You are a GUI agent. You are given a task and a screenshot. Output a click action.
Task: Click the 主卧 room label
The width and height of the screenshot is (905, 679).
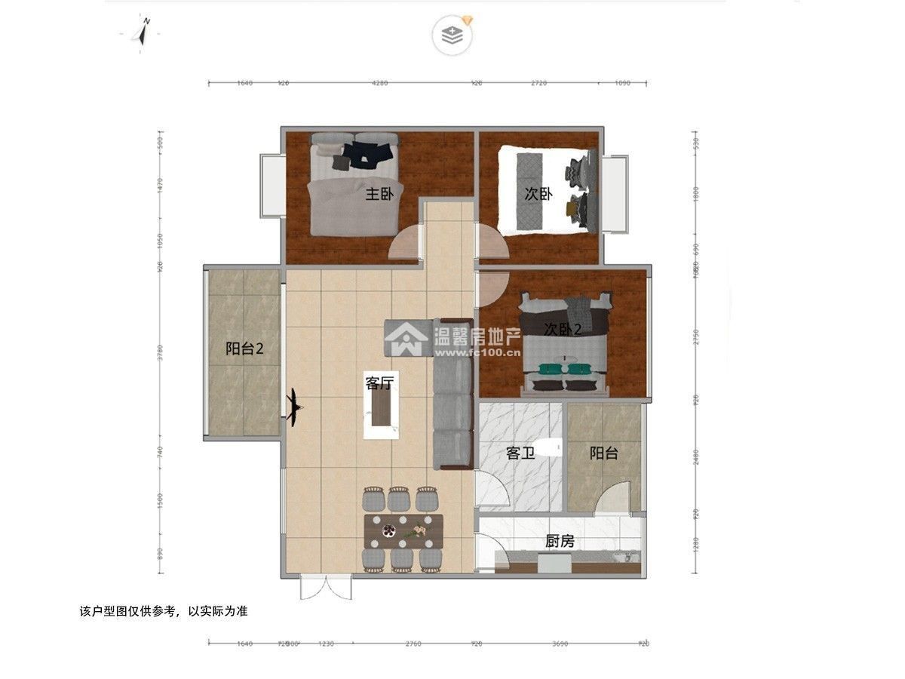point(379,194)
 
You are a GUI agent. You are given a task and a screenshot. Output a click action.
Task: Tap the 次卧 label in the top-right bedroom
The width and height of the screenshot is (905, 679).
point(538,194)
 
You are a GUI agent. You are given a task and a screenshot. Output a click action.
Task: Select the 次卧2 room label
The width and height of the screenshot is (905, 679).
point(563,329)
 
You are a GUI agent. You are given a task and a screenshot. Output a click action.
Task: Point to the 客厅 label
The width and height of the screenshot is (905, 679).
point(380,383)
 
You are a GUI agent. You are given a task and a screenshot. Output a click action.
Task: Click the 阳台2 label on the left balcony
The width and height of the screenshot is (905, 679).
point(244,349)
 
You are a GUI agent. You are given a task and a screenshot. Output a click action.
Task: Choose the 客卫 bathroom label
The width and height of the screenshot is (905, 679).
point(520,453)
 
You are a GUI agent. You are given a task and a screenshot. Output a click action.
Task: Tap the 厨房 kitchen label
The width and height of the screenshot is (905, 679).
point(560,541)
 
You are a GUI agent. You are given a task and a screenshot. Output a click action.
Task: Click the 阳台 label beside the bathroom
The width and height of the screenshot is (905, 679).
point(604,453)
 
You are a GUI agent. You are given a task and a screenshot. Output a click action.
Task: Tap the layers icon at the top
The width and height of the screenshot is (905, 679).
point(451,35)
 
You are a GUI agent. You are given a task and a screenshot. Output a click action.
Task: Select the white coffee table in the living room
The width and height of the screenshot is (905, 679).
point(382,416)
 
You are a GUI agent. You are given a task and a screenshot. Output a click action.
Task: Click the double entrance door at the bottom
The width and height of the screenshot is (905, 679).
point(325,588)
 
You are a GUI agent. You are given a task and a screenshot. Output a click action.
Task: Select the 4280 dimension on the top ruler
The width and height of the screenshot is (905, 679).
point(379,83)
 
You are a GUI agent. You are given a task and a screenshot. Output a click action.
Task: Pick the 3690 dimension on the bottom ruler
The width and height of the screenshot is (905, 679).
point(560,644)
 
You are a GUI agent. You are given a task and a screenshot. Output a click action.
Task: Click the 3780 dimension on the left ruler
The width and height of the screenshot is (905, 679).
point(159,353)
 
